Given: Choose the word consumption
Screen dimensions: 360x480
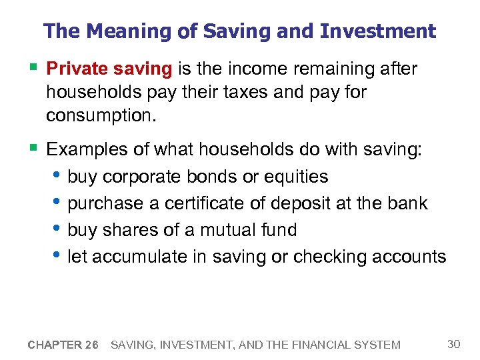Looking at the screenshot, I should [x=100, y=115].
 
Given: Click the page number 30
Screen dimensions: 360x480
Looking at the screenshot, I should [x=453, y=344].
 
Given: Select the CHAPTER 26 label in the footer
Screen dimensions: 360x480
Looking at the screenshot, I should [x=63, y=345].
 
